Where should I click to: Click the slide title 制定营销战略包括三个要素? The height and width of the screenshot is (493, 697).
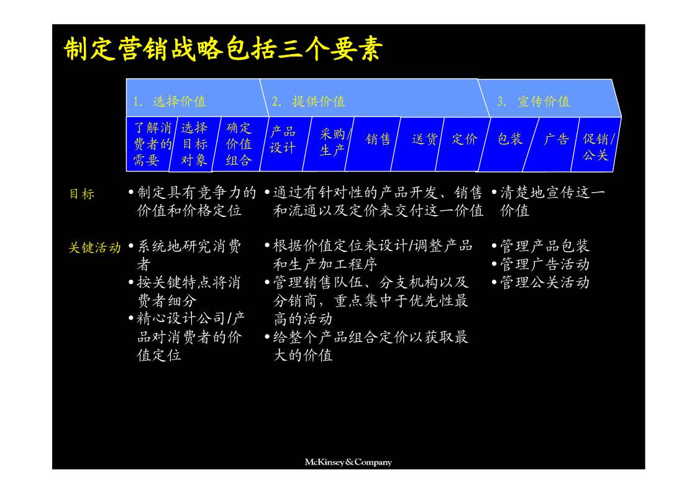coord(222,50)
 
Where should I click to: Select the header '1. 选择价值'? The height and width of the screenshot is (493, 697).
coord(170,101)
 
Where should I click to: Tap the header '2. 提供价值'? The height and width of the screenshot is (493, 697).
coord(309,101)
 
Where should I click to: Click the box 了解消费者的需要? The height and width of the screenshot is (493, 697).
coord(152,144)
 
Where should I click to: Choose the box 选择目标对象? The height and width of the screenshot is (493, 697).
coord(194,144)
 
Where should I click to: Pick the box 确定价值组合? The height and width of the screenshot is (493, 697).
coord(239,144)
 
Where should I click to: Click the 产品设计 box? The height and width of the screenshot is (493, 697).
coord(283,140)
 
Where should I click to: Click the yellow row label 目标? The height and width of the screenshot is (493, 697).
coord(82,194)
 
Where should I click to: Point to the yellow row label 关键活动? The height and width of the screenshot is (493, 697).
coord(94,247)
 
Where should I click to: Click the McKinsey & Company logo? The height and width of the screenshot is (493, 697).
coord(348,462)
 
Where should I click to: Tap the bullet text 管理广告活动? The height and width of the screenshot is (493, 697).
coord(544,264)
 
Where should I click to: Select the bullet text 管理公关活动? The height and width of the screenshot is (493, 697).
coord(544,283)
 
